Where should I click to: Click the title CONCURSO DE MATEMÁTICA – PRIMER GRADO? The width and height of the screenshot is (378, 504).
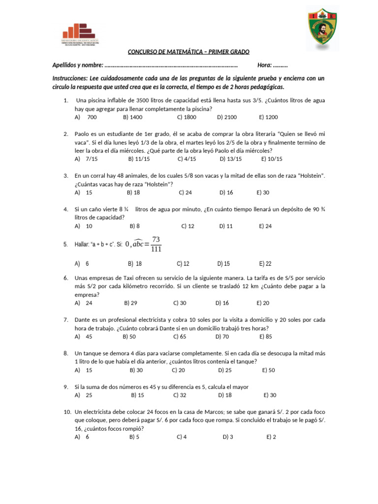coord(189,52)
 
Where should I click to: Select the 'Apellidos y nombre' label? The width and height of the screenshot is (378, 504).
coord(78,65)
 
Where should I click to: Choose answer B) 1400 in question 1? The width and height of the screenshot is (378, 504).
coord(133,117)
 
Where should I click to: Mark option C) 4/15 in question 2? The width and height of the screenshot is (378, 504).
coord(187,159)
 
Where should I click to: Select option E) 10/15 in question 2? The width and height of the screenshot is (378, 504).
coord(272,159)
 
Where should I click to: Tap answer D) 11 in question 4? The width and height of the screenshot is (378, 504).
coord(226,226)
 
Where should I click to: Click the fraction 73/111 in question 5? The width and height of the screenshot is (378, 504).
coord(156,244)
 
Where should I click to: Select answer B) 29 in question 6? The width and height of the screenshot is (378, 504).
coord(131,303)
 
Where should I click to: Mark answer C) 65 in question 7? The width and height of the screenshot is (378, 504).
coord(180,337)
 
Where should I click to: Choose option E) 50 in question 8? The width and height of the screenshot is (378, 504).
coord(269,370)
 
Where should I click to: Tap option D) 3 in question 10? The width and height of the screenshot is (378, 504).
coord(228,437)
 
